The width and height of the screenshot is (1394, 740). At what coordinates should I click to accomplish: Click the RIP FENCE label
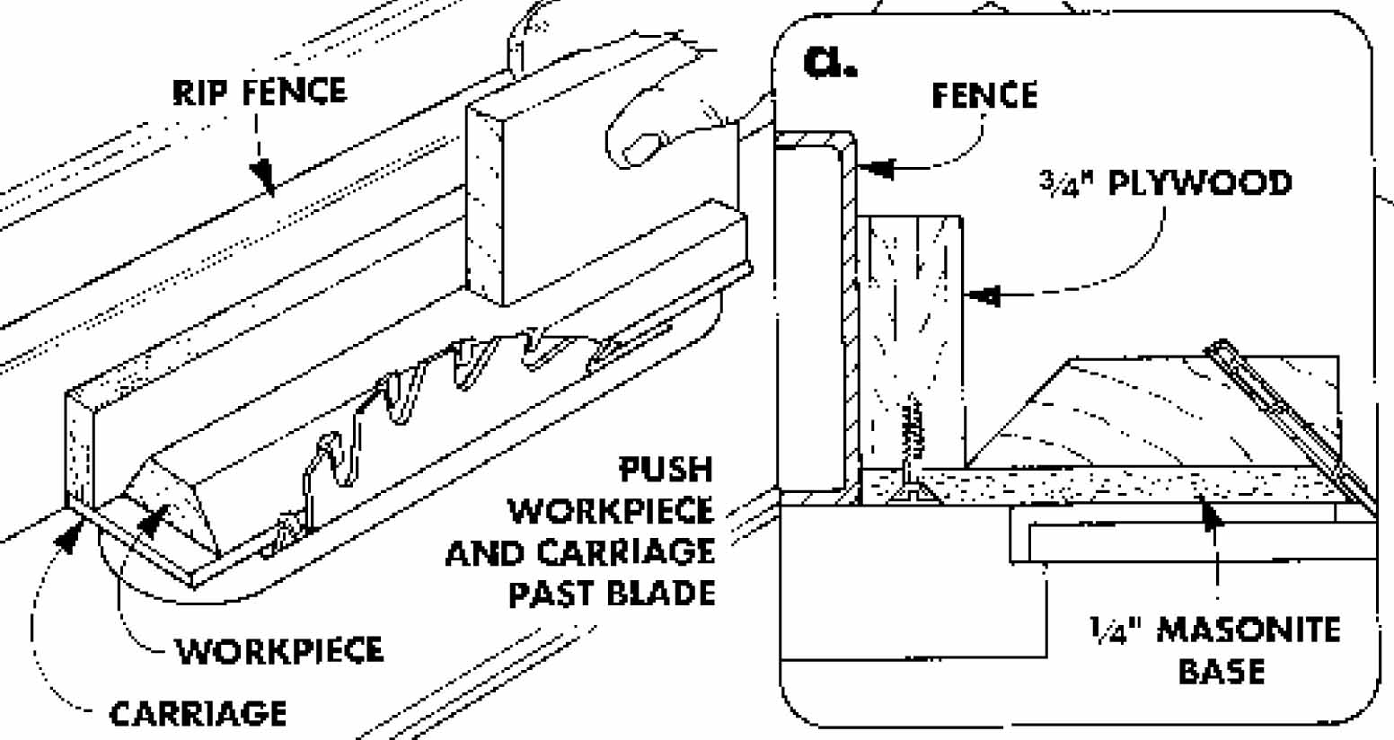pos(259,92)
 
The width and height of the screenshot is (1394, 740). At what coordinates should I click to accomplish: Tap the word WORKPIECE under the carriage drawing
pos(279,650)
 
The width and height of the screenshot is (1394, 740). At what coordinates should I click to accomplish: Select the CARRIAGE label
pos(198,714)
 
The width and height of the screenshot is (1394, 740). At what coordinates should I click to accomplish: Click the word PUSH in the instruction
pos(666,470)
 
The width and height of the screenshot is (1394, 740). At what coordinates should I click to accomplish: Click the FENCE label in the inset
pos(984,95)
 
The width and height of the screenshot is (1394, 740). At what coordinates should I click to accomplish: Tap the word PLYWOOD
pos(1199,183)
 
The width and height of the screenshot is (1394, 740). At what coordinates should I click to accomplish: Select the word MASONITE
pos(1248,630)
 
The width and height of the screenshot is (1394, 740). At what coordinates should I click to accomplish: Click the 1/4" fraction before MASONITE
pos(1113,630)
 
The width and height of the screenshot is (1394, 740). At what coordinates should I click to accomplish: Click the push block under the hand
pos(539,207)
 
